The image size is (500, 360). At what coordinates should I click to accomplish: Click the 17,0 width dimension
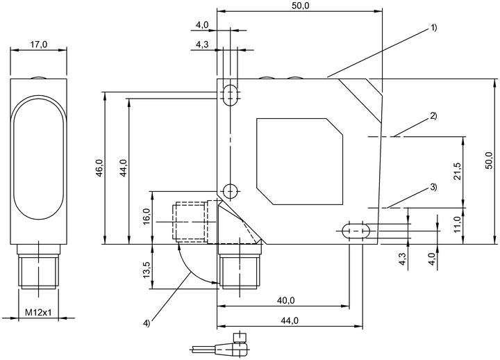39,44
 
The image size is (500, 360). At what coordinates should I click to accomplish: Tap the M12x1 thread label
38,313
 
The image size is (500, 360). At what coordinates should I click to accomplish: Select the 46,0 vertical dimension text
100,168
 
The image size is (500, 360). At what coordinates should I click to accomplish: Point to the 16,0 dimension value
147,216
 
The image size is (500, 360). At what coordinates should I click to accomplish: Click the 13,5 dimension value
147,270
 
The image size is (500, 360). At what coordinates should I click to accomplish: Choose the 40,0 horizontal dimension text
285,300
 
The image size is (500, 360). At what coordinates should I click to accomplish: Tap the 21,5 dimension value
457,172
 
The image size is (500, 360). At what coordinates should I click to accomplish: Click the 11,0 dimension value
457,224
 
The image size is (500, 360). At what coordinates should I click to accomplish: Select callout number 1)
433,28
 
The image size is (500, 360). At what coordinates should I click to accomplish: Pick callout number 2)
433,116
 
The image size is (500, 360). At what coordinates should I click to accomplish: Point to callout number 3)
433,187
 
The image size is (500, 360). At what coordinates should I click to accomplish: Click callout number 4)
146,323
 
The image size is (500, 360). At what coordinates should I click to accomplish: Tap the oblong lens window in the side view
39,158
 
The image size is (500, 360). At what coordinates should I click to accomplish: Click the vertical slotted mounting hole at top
230,95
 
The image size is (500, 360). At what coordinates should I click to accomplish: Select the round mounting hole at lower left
230,192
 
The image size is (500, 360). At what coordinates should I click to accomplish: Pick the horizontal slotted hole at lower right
356,231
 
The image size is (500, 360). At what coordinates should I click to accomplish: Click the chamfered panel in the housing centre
300,161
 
